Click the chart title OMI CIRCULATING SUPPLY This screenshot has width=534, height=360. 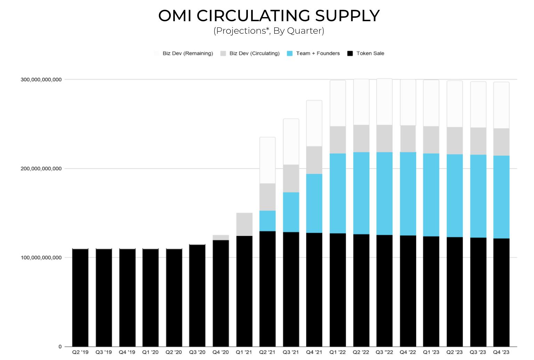[x=269, y=16]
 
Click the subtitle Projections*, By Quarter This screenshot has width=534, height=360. [x=269, y=31]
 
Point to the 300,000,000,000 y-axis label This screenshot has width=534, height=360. [x=41, y=80]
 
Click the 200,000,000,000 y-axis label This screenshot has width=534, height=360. [x=41, y=169]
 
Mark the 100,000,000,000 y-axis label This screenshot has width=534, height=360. [x=41, y=257]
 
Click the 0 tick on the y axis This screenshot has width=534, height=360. [x=60, y=346]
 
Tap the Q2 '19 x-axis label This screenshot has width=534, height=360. [x=80, y=352]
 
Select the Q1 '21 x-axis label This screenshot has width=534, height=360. [x=244, y=352]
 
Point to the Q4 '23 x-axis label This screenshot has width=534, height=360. [x=501, y=352]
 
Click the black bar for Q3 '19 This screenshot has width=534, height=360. [x=104, y=297]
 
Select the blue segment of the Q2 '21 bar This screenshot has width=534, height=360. [x=267, y=221]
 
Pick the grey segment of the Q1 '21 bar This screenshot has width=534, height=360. [x=244, y=224]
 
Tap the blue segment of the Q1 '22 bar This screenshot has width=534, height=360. [x=338, y=193]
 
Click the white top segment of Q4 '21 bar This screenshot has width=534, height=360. [x=314, y=123]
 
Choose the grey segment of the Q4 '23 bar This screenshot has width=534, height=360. [x=501, y=142]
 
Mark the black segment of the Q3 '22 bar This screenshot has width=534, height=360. [x=384, y=291]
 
